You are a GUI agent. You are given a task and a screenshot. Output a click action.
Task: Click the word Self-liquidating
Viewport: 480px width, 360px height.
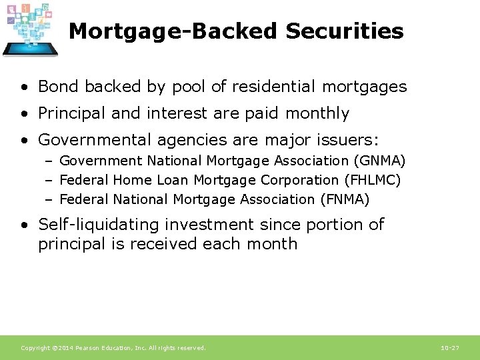pyautogui.click(x=91, y=225)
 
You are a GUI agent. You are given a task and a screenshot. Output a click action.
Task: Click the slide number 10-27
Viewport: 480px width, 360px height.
pyautogui.click(x=450, y=348)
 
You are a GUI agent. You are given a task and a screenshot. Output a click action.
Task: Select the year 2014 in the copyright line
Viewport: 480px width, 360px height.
pyautogui.click(x=65, y=348)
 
